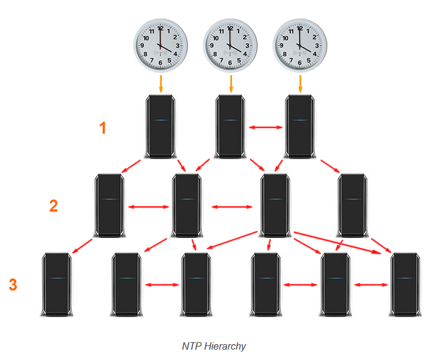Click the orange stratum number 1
click(x=103, y=128)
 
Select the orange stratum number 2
click(x=54, y=206)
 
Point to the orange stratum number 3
click(x=13, y=284)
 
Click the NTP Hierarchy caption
click(x=214, y=346)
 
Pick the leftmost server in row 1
click(x=161, y=127)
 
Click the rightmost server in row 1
click(x=300, y=127)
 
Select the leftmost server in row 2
click(x=110, y=206)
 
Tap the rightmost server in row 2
click(x=352, y=206)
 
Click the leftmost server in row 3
click(x=56, y=284)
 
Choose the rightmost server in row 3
click(x=405, y=284)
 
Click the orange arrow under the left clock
click(x=161, y=84)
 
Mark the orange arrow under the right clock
click(x=300, y=84)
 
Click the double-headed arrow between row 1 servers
click(x=265, y=128)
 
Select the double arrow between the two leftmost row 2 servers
click(x=148, y=207)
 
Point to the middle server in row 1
click(x=230, y=127)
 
